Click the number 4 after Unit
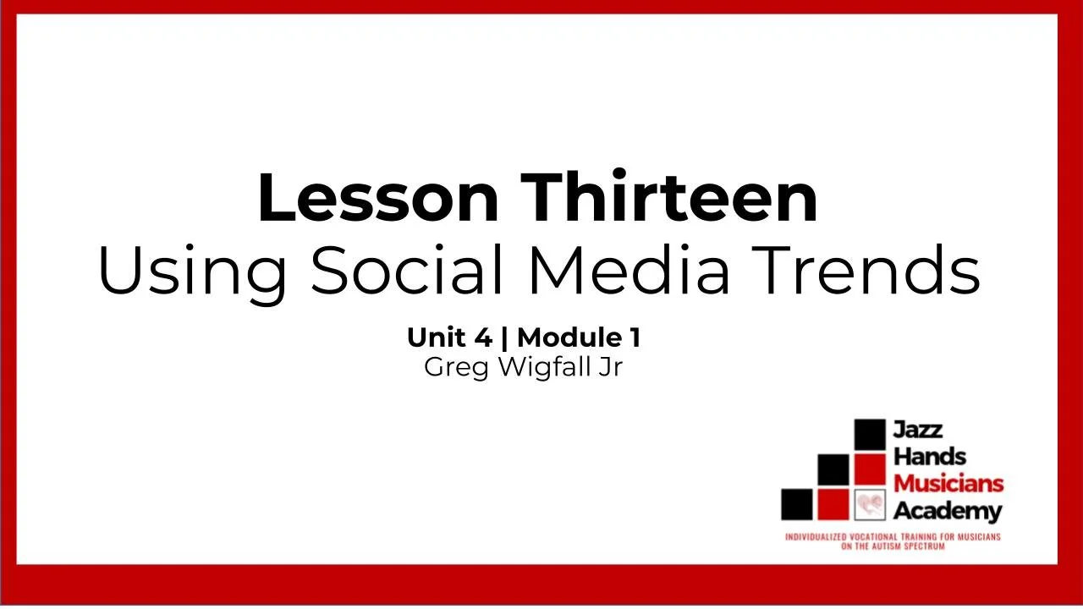tap(482, 338)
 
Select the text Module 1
tap(579, 338)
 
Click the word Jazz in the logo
tap(918, 430)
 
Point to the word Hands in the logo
tap(930, 457)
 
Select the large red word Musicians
tap(948, 484)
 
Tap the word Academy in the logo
tap(948, 511)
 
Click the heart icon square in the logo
tap(869, 505)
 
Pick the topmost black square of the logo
tap(869, 435)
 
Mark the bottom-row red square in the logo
tap(833, 505)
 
